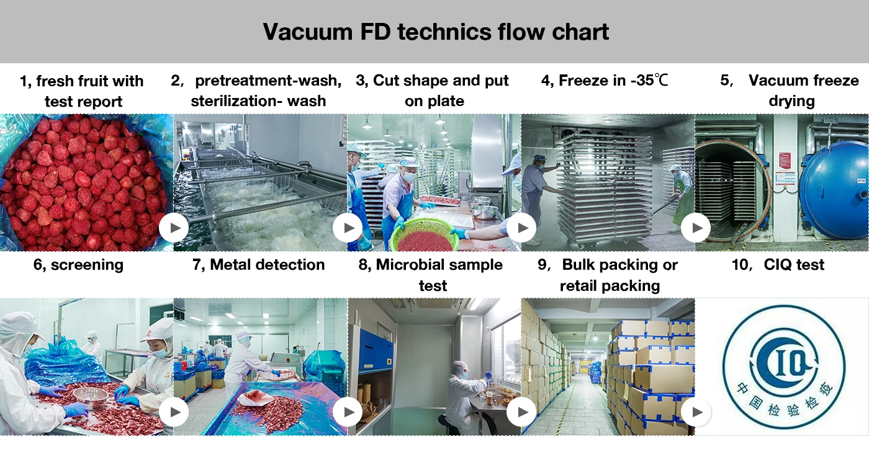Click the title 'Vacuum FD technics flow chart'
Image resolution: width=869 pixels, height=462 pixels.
[x=435, y=31]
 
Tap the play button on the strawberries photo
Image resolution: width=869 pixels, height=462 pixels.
[x=174, y=229]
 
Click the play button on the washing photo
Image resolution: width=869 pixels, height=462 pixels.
[x=348, y=229]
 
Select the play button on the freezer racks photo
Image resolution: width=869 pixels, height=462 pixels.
[x=696, y=229]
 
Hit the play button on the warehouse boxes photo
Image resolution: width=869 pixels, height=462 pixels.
[x=696, y=412]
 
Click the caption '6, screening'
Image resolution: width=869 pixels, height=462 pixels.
[x=78, y=265]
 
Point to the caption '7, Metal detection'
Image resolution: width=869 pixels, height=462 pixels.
[x=258, y=265]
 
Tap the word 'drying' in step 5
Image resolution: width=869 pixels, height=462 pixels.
[x=791, y=101]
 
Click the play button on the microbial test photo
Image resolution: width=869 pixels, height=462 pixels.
[x=521, y=412]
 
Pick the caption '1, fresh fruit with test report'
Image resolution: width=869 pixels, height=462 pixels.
[x=82, y=91]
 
